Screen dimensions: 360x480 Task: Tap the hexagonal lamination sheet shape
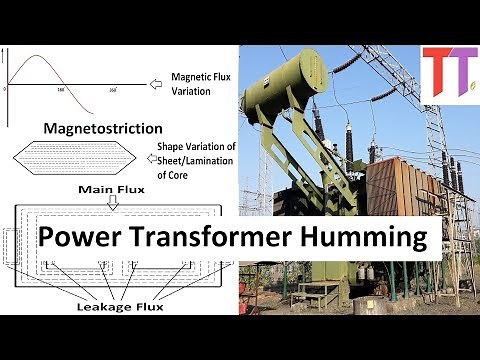(x=74, y=158)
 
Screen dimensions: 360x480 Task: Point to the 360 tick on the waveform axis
(x=112, y=91)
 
